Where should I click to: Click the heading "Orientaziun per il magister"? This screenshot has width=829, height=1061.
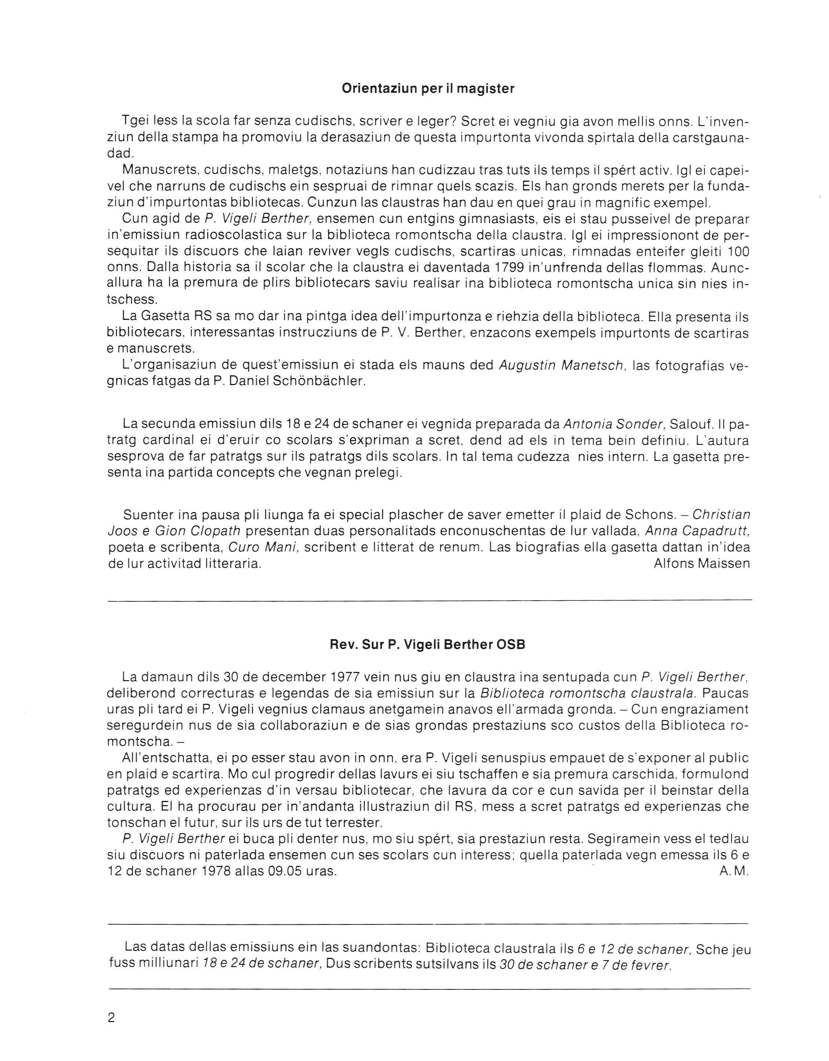point(428,89)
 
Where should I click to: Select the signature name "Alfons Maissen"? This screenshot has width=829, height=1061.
point(702,563)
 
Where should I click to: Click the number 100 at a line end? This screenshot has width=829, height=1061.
point(738,251)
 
